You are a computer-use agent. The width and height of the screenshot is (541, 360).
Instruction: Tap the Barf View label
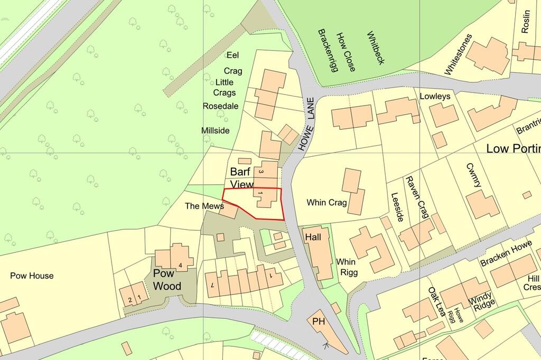pyautogui.click(x=242, y=178)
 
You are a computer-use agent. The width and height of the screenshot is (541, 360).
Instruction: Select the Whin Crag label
pyautogui.click(x=327, y=202)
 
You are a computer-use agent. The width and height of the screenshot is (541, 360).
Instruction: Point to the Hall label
pyautogui.click(x=313, y=238)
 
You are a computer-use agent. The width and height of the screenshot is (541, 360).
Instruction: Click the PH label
pyautogui.click(x=319, y=321)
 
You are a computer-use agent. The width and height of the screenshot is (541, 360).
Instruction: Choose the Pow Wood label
pyautogui.click(x=167, y=280)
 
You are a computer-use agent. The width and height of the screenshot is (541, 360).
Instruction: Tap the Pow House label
pyautogui.click(x=32, y=276)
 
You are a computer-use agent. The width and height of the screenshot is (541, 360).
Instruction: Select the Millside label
pyautogui.click(x=216, y=130)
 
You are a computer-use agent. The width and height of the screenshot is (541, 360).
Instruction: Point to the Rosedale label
pyautogui.click(x=221, y=106)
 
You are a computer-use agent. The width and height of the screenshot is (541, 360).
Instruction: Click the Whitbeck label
pyautogui.click(x=376, y=48)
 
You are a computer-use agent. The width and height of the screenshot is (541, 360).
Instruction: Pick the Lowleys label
pyautogui.click(x=435, y=97)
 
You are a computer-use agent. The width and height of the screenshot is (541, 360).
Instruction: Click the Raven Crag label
pyautogui.click(x=416, y=197)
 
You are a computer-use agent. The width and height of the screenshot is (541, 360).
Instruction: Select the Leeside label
pyautogui.click(x=397, y=207)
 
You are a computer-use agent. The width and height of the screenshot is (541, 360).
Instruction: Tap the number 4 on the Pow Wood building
pyautogui.click(x=181, y=264)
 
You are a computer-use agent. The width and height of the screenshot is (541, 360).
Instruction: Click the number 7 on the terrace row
pyautogui.click(x=212, y=285)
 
